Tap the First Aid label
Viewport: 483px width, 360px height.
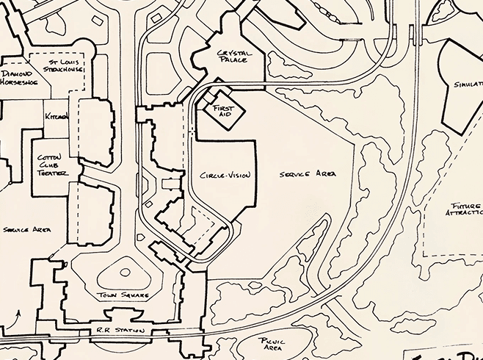(x=222, y=111)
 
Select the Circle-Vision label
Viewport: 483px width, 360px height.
(x=225, y=176)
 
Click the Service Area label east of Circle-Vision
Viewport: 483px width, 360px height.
(x=308, y=174)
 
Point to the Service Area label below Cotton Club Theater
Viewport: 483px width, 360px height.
(x=26, y=230)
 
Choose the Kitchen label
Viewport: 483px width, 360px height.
(x=57, y=117)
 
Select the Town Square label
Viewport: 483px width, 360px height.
(x=123, y=295)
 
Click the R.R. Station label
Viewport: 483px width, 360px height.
(x=119, y=331)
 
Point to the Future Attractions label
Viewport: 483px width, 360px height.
(x=463, y=208)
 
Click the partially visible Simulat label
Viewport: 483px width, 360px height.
(x=468, y=84)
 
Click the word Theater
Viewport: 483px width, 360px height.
(x=52, y=173)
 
